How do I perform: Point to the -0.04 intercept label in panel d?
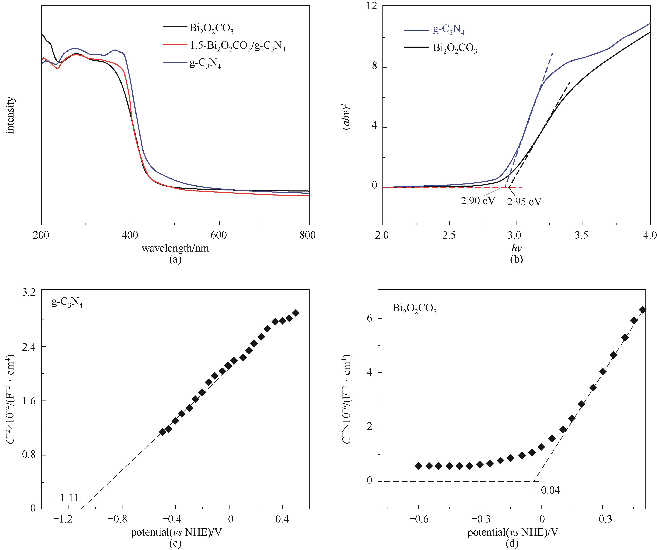pyautogui.click(x=547, y=490)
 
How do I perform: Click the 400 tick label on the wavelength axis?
pyautogui.click(x=129, y=235)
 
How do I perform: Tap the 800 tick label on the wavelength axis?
pyautogui.click(x=307, y=235)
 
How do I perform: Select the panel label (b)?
pyautogui.click(x=516, y=259)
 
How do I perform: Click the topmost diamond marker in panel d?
pyautogui.click(x=643, y=310)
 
